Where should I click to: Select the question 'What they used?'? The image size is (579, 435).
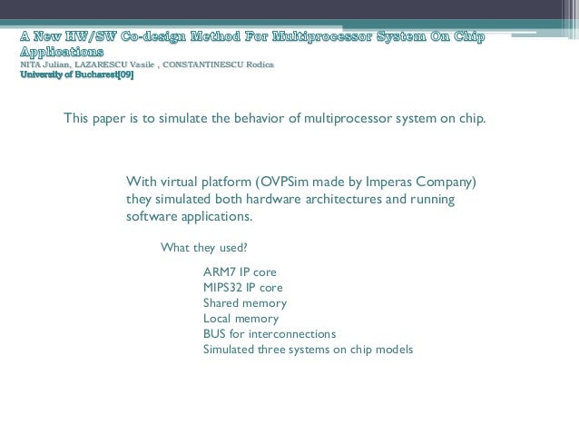pos(203,247)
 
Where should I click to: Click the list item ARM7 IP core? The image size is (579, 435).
pos(240,272)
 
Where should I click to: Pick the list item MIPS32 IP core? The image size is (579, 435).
pos(242,287)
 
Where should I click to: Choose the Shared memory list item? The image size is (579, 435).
pos(244,302)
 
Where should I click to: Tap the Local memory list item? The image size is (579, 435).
pos(240,318)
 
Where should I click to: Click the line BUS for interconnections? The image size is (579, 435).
pos(269,333)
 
